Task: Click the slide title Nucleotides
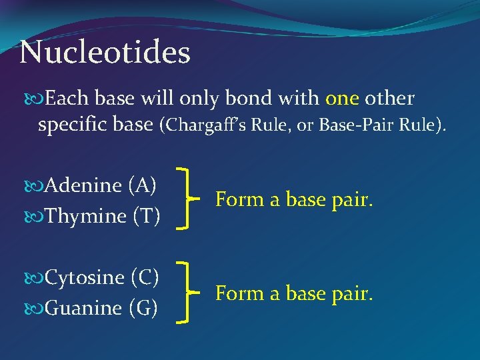coord(105,53)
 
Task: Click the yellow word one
coord(342,99)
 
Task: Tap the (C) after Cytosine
coord(145,277)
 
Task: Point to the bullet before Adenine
coord(35,186)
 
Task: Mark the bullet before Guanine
coord(35,309)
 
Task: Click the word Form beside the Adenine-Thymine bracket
coord(234,200)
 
